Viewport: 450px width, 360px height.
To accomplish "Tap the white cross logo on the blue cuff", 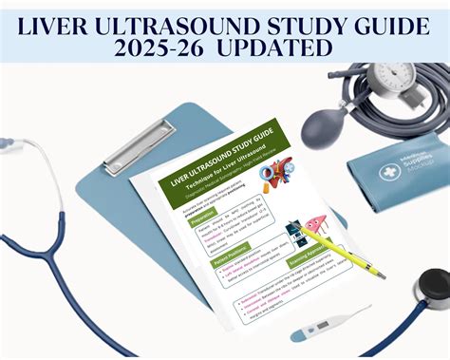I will tap(388, 171).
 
